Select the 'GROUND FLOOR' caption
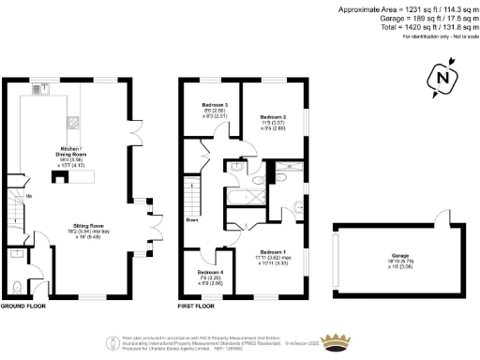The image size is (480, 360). click(25, 306)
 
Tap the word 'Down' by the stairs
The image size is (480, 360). click(191, 221)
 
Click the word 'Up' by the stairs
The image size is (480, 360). click(29, 196)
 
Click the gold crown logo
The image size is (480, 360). click(335, 340)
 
